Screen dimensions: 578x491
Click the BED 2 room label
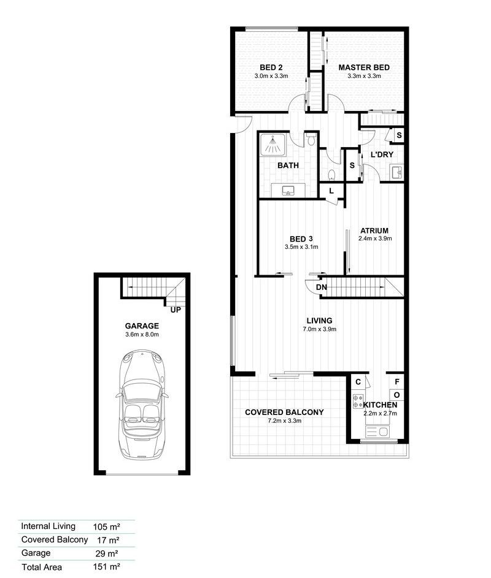[x=271, y=67]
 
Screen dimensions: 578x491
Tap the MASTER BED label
[x=364, y=67]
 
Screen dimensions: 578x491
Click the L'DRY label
[x=381, y=154]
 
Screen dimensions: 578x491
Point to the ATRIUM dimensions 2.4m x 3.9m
[x=375, y=238]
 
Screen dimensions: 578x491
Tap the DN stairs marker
[x=322, y=287]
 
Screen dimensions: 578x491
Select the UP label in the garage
[x=176, y=310]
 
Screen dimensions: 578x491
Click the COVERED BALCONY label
[x=284, y=413]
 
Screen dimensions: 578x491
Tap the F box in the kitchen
[x=397, y=381]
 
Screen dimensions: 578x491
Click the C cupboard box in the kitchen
[x=358, y=381]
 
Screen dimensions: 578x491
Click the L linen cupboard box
[x=331, y=191]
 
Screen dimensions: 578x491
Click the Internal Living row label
[x=48, y=526]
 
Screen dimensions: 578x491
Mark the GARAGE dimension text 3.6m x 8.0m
[x=142, y=335]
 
